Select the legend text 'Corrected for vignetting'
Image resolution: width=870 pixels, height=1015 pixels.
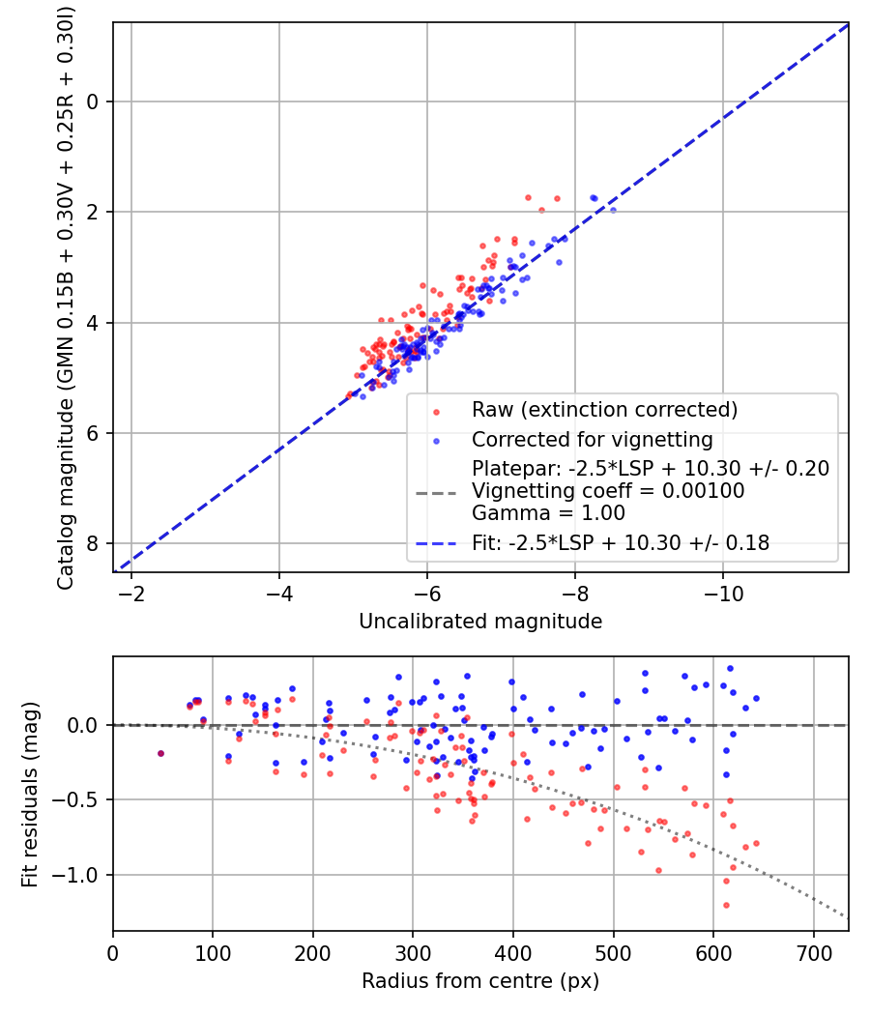coord(592,440)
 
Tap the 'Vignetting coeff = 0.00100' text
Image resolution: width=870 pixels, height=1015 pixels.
coord(607,491)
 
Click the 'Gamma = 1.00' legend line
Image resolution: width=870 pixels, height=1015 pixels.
coord(548,513)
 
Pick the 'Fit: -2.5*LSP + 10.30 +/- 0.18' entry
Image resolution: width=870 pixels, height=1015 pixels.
coord(621,543)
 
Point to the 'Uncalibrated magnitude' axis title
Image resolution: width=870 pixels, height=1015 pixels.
coord(480,621)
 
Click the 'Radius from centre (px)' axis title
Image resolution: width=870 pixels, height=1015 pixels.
coord(480,981)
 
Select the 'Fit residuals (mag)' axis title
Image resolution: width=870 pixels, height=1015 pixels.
coord(30,794)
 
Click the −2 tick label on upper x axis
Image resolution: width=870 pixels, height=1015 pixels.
coord(131,592)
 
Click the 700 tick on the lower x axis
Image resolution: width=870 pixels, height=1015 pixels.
coord(813,951)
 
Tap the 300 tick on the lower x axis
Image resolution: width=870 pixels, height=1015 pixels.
coord(413,951)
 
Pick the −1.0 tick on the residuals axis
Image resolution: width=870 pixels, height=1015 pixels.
coord(84,875)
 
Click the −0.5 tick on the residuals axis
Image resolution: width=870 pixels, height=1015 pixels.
coord(84,799)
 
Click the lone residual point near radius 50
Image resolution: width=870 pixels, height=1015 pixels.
coord(160,753)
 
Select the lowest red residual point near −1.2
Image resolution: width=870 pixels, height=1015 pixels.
coord(726,905)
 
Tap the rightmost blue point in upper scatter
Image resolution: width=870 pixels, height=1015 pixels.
coord(613,210)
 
